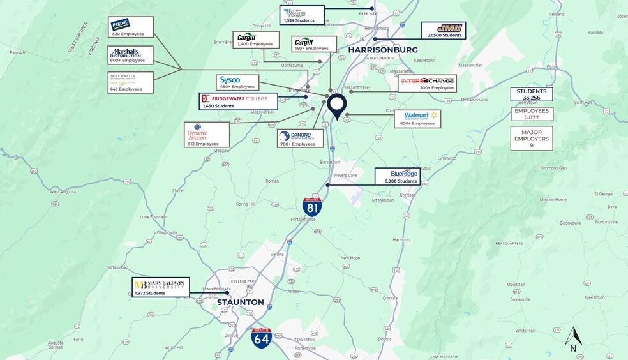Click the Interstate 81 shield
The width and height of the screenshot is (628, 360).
(312, 206)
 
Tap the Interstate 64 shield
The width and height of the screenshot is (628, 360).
(261, 338)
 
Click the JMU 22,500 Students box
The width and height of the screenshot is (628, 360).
(443, 31)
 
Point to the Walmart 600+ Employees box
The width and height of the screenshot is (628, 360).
(418, 119)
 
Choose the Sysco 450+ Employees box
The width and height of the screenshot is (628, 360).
(237, 82)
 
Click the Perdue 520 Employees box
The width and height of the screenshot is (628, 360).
(131, 27)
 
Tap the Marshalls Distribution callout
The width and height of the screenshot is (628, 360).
(131, 55)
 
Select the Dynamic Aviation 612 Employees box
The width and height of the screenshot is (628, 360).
(206, 135)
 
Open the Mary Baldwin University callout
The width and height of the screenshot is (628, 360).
(160, 287)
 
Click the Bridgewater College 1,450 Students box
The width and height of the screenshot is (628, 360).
(239, 101)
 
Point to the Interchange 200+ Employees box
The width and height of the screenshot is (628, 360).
(428, 84)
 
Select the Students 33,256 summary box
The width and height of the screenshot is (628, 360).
(531, 94)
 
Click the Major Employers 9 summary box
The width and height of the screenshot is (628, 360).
(531, 139)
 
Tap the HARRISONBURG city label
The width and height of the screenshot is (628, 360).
(383, 49)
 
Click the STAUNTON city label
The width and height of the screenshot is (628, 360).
(240, 302)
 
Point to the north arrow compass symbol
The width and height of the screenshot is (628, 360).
(573, 338)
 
